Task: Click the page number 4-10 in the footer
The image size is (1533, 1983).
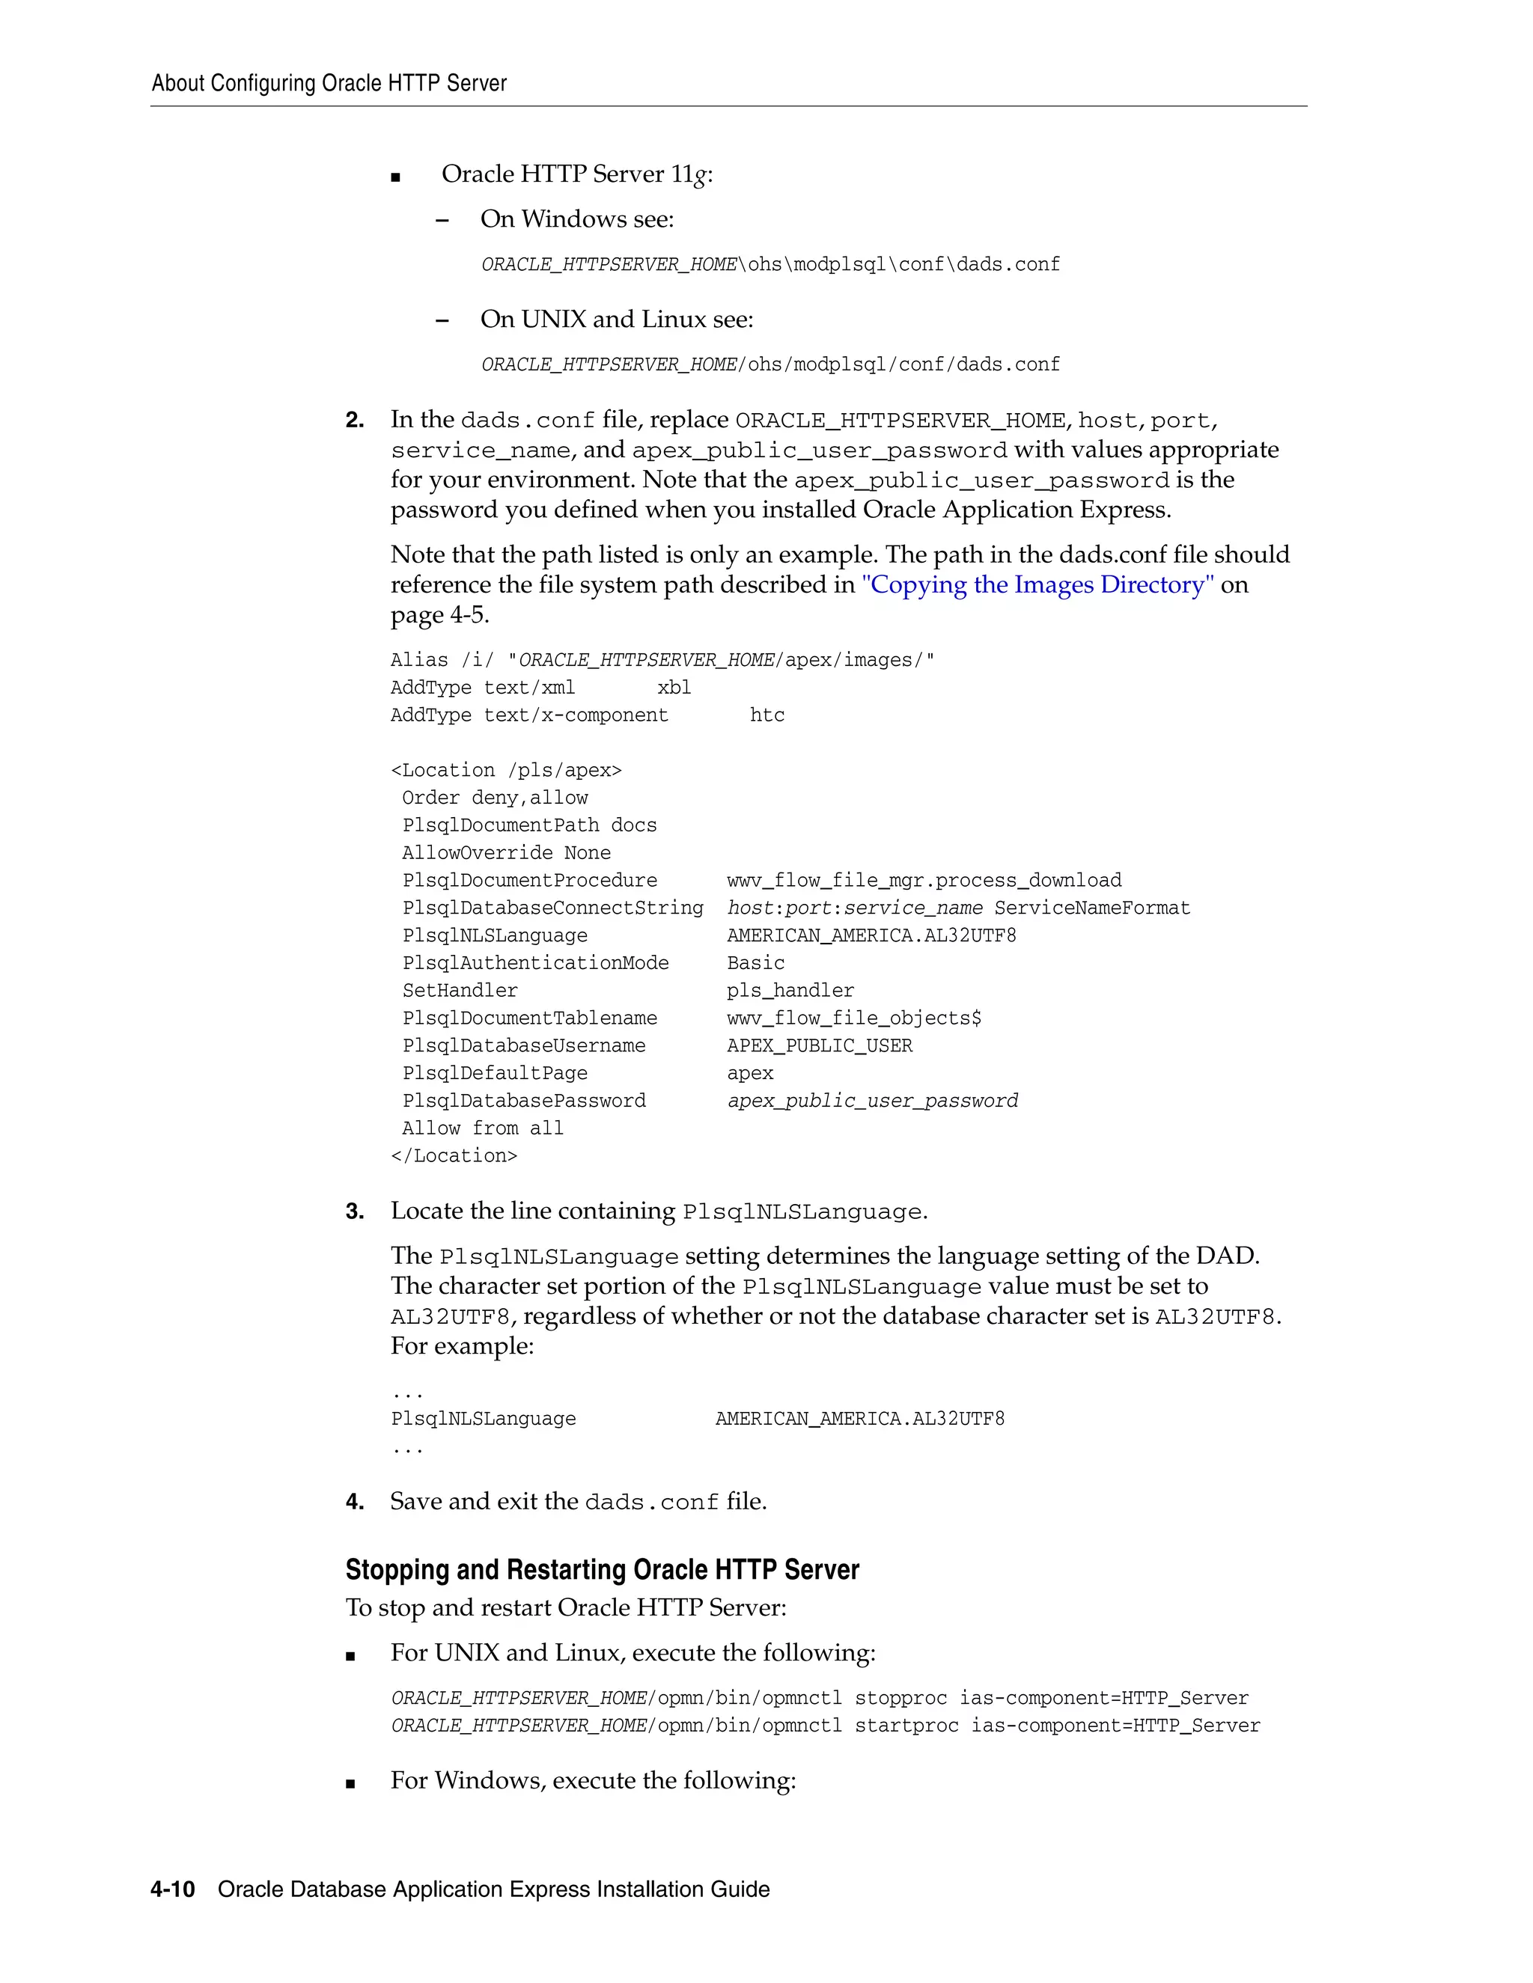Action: click(x=173, y=1889)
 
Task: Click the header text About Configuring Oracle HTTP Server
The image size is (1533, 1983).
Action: click(x=329, y=84)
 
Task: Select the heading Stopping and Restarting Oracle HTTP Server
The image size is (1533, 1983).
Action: click(x=601, y=1570)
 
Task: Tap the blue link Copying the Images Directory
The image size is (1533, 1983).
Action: click(x=1037, y=584)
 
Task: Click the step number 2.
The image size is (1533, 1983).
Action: click(x=354, y=421)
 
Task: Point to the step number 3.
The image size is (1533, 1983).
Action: click(x=354, y=1212)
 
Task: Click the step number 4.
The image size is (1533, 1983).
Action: click(x=354, y=1502)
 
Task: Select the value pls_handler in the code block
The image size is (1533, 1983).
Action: click(x=790, y=991)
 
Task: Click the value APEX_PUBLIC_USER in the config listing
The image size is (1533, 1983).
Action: click(x=819, y=1046)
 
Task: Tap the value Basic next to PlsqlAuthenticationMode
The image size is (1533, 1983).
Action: click(x=755, y=963)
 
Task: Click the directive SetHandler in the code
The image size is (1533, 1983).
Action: click(x=460, y=991)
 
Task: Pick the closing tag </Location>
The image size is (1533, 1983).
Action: click(x=454, y=1156)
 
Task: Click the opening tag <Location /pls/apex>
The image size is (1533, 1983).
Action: click(x=506, y=771)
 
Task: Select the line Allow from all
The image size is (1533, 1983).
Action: click(x=482, y=1128)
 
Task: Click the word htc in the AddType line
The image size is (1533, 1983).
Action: click(x=766, y=715)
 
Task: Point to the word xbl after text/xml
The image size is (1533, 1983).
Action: click(x=674, y=688)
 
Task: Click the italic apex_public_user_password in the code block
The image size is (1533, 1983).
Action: click(x=872, y=1102)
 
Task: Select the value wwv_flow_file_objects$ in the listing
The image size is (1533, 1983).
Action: click(x=853, y=1018)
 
